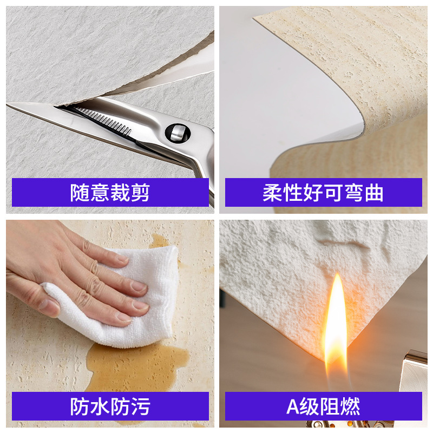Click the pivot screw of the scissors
click(178, 133)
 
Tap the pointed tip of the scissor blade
click(7, 104)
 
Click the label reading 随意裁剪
click(110, 193)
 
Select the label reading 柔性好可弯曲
click(323, 193)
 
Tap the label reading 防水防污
click(110, 406)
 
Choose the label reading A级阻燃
click(323, 406)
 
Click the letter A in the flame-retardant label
click(293, 406)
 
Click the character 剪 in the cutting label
click(140, 193)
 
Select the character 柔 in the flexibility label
click(272, 193)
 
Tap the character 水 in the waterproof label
click(100, 406)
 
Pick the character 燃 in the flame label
click(350, 406)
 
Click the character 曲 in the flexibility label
click(374, 193)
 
